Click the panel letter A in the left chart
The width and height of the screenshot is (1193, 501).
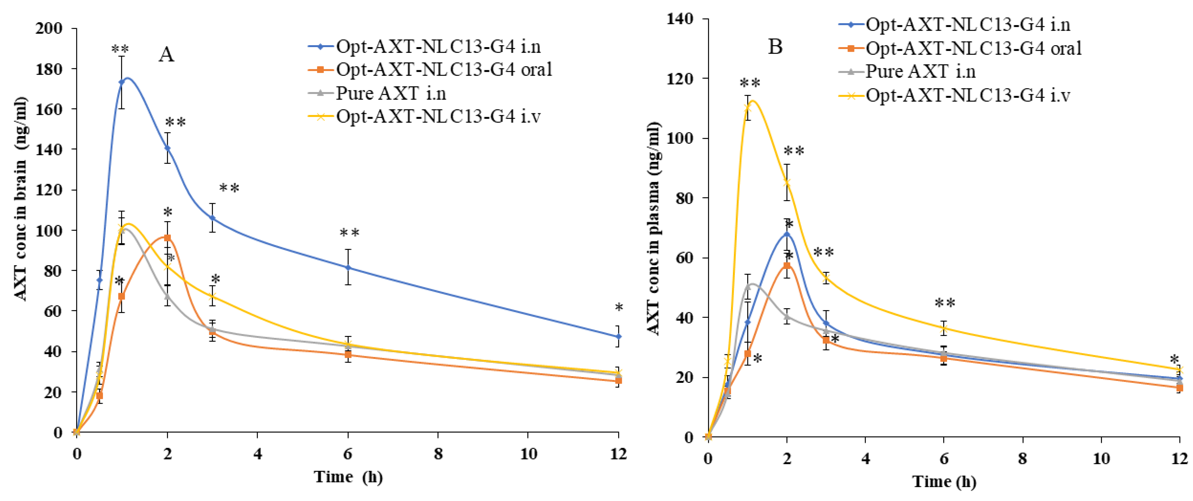click(x=166, y=55)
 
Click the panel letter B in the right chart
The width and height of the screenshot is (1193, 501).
click(x=775, y=47)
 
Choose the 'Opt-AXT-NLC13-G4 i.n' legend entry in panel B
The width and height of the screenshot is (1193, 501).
click(x=968, y=25)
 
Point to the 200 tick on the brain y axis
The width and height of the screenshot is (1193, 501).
click(x=49, y=28)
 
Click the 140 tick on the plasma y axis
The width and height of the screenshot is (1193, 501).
click(x=680, y=19)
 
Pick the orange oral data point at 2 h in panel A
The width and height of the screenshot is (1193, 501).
click(x=167, y=238)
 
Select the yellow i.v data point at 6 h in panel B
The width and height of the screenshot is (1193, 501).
click(x=944, y=328)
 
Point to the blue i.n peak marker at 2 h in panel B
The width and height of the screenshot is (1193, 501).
click(x=786, y=234)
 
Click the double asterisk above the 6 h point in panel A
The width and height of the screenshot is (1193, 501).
click(x=349, y=233)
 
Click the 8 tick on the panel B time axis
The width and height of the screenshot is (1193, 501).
click(x=1022, y=459)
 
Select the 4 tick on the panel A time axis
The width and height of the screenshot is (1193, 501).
click(x=257, y=454)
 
